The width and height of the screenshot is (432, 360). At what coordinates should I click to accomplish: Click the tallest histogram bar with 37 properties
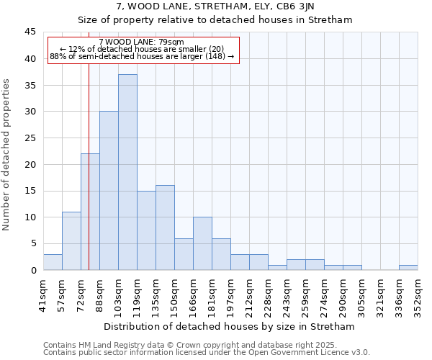[127, 172]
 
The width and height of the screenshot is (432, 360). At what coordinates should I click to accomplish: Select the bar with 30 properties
[109, 191]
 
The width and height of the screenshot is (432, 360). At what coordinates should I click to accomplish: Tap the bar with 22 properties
[90, 212]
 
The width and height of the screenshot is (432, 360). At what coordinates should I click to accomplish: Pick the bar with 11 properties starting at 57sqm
[71, 241]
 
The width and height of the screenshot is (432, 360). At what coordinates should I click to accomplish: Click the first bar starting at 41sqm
[53, 262]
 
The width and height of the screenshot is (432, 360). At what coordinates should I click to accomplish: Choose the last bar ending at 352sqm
[408, 267]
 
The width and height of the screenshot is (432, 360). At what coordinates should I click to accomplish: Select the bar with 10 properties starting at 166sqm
[202, 243]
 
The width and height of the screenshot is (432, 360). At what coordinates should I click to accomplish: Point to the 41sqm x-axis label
[44, 294]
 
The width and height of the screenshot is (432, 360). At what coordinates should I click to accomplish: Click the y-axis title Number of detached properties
[6, 155]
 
